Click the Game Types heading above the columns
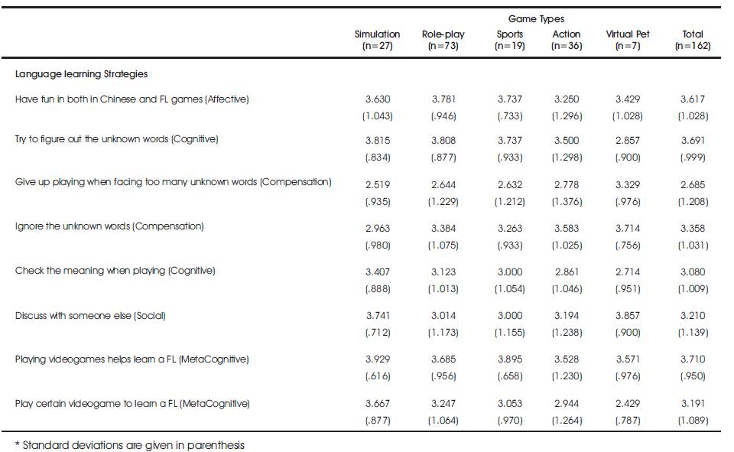coord(536,18)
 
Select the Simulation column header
coord(377,40)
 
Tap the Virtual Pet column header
coord(628,40)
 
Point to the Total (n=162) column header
coord(693,40)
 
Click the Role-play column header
coord(443,40)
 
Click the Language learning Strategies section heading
coord(82,74)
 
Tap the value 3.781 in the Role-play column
coord(443,99)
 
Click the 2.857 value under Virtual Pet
coord(628,141)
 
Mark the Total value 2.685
coord(693,185)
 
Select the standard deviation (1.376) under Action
coord(567,202)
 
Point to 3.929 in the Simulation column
coord(378,359)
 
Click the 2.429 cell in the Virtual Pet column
coord(628,404)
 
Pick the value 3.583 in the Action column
coord(567,229)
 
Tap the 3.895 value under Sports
coord(510,359)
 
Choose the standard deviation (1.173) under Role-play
coord(443,333)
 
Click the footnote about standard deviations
coord(130,445)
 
